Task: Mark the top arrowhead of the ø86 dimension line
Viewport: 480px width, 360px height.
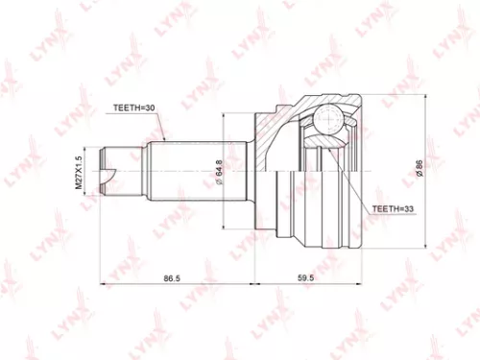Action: [x=427, y=93]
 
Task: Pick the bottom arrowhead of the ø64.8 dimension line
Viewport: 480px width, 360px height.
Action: [x=228, y=228]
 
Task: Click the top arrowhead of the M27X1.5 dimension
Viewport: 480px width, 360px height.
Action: [x=91, y=143]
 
